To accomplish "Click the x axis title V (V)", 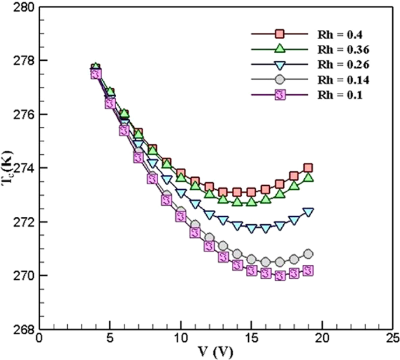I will point(215,352).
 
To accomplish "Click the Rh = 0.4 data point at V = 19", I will point(308,168).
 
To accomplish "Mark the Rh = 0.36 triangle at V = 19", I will point(308,177).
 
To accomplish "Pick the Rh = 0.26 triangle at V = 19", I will point(308,212).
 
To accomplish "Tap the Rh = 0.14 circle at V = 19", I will point(308,254).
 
